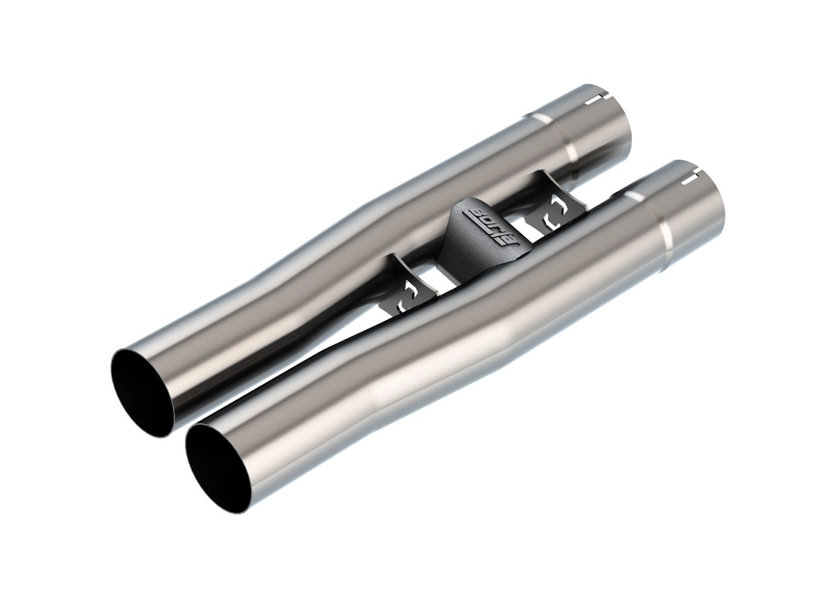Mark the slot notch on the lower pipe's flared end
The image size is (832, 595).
click(x=691, y=177)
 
